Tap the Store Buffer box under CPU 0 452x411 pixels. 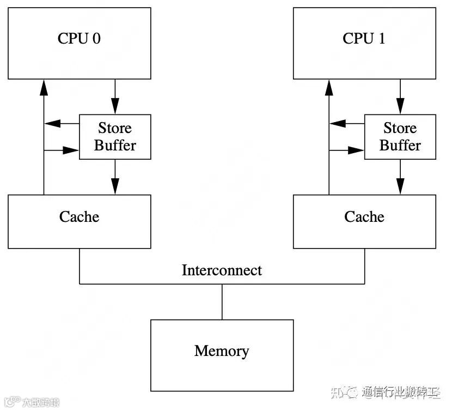(x=115, y=137)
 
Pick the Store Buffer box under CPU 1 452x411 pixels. (x=400, y=137)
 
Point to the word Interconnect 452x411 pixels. (x=222, y=270)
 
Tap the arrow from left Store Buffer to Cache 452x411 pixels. (x=115, y=177)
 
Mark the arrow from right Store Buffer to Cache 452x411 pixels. (x=400, y=177)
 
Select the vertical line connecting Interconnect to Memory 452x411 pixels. (x=222, y=301)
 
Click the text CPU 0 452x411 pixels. (x=79, y=39)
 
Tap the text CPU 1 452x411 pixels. (x=364, y=39)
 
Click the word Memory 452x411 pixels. (x=222, y=351)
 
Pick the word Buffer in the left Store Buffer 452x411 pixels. (x=115, y=146)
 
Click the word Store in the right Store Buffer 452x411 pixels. (x=400, y=129)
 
